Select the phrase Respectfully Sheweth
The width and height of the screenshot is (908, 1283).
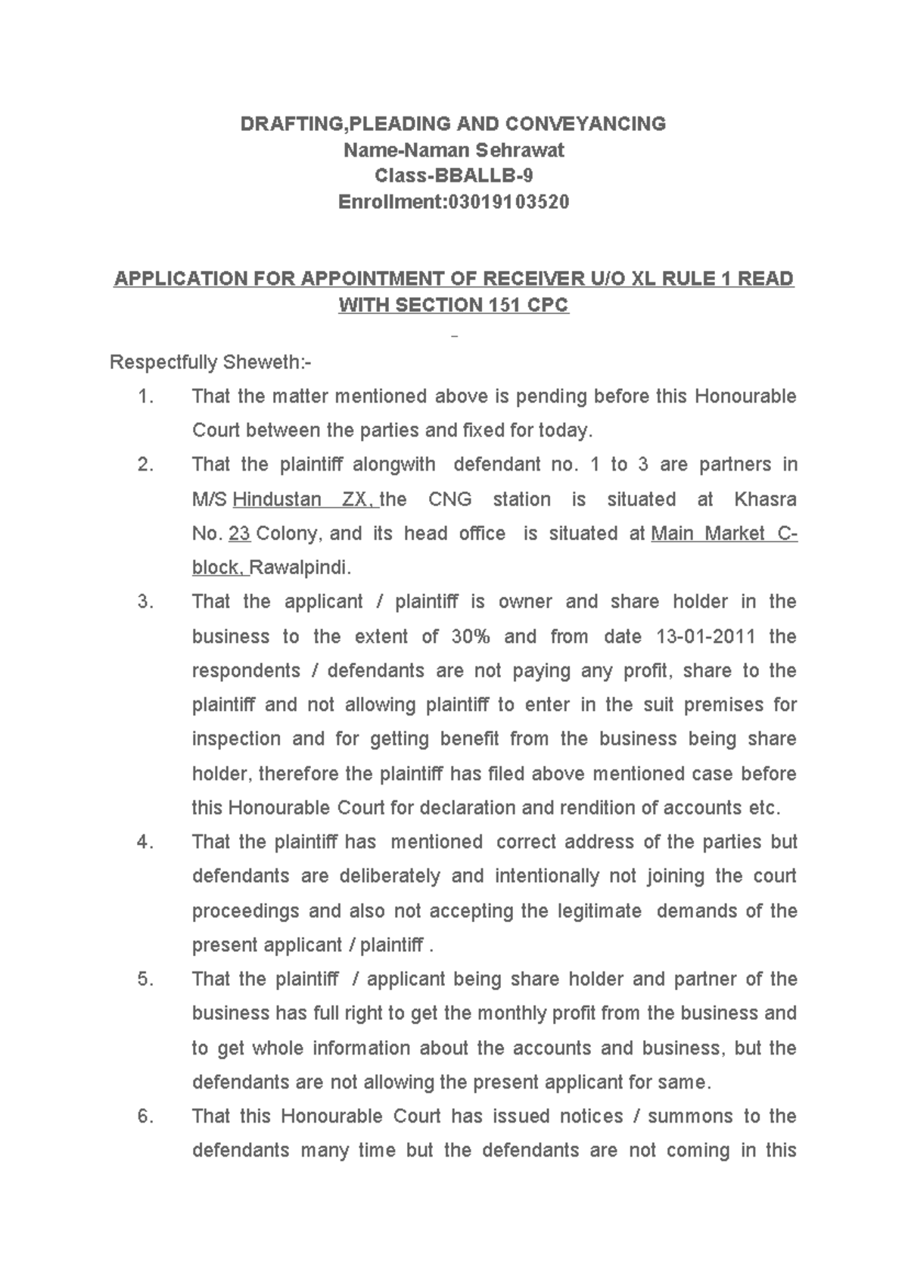[210, 363]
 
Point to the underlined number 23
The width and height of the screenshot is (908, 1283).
[239, 534]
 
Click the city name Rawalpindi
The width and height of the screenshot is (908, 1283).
[300, 568]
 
